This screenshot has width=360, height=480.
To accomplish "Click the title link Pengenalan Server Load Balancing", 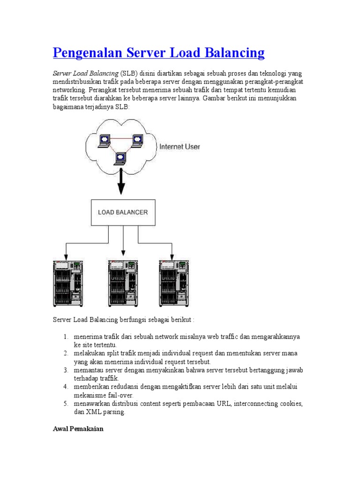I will pyautogui.click(x=159, y=52).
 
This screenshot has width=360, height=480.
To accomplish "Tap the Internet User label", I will pyautogui.click(x=180, y=147).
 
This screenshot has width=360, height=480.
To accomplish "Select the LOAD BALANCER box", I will pyautogui.click(x=123, y=212).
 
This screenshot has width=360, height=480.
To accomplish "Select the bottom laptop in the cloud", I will pyautogui.click(x=120, y=157).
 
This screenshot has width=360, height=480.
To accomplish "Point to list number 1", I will pyautogui.click(x=66, y=337).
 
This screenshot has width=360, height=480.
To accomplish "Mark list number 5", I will pyautogui.click(x=66, y=404).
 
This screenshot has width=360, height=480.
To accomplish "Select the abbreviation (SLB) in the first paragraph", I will pyautogui.click(x=128, y=74).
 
